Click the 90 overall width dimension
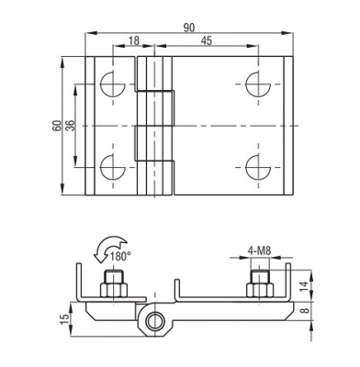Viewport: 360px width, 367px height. coord(189,28)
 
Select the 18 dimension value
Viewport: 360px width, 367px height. coord(133,40)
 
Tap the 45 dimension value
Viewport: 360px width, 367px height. coord(207,40)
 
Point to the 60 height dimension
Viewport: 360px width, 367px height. coord(56,126)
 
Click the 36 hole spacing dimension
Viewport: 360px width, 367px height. coord(71,126)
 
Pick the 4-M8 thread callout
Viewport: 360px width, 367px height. coord(259,251)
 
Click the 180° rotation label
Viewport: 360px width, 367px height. coord(118,256)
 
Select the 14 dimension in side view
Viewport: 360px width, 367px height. coord(303,285)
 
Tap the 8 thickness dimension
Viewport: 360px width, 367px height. coord(304,310)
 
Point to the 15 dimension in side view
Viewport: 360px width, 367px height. coord(65,319)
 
